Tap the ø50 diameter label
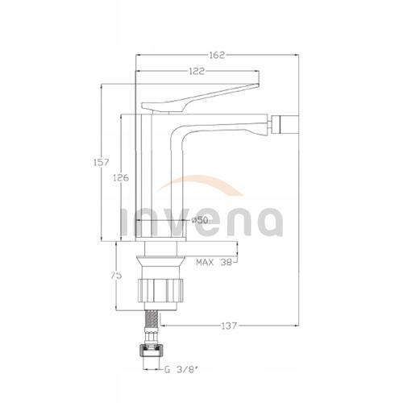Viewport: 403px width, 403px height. point(201,219)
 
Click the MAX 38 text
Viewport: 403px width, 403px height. point(215,263)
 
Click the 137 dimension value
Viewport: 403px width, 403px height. point(228,326)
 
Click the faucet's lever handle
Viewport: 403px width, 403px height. point(201,97)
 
